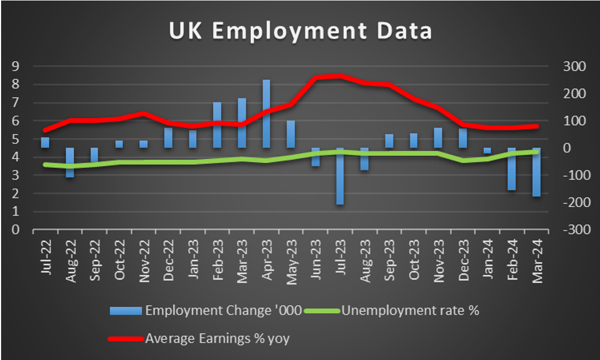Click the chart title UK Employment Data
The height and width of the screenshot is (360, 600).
[300, 31]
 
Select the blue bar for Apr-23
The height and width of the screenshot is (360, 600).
[266, 113]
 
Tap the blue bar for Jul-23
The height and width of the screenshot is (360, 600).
[340, 176]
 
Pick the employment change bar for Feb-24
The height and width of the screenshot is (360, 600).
[511, 169]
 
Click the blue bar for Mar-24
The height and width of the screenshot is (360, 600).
[536, 172]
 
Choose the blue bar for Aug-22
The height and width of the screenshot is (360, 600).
[70, 162]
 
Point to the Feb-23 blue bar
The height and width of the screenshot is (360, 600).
[217, 125]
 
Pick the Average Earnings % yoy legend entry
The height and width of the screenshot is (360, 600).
[217, 339]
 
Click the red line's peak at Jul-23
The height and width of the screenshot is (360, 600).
[340, 76]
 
